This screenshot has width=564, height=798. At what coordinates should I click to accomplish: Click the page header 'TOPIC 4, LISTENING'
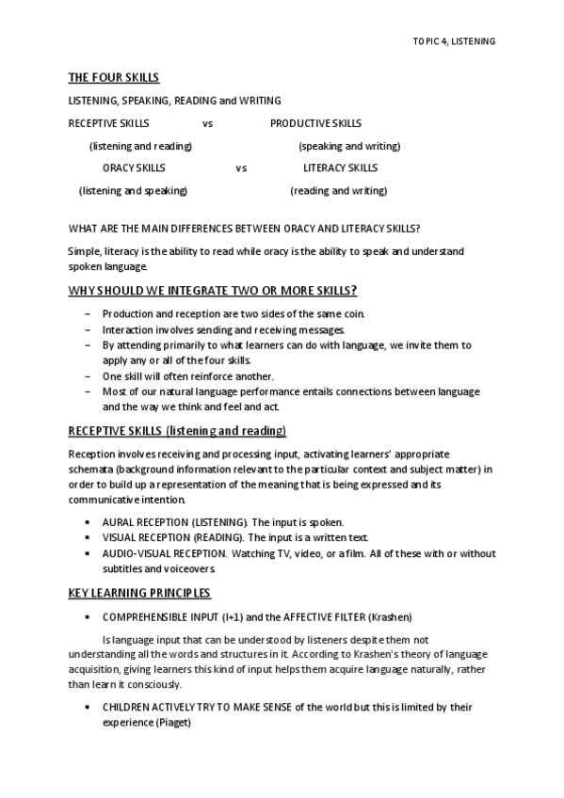click(454, 41)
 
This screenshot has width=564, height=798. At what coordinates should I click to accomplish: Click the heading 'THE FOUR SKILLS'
click(113, 77)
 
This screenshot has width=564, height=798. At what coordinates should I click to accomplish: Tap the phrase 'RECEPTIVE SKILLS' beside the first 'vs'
click(108, 123)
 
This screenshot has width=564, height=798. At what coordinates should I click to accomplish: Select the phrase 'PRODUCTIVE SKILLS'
click(315, 123)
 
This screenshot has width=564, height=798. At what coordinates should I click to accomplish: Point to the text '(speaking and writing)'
click(349, 146)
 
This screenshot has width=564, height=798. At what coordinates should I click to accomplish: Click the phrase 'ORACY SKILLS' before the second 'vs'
click(134, 168)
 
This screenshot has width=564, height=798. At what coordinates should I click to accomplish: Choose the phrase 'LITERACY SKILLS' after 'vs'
click(340, 168)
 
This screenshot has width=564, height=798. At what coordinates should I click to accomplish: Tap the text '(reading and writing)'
click(338, 191)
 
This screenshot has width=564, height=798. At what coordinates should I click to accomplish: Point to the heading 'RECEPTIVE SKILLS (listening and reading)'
click(177, 431)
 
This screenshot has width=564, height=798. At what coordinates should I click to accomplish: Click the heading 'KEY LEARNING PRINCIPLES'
click(139, 593)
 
